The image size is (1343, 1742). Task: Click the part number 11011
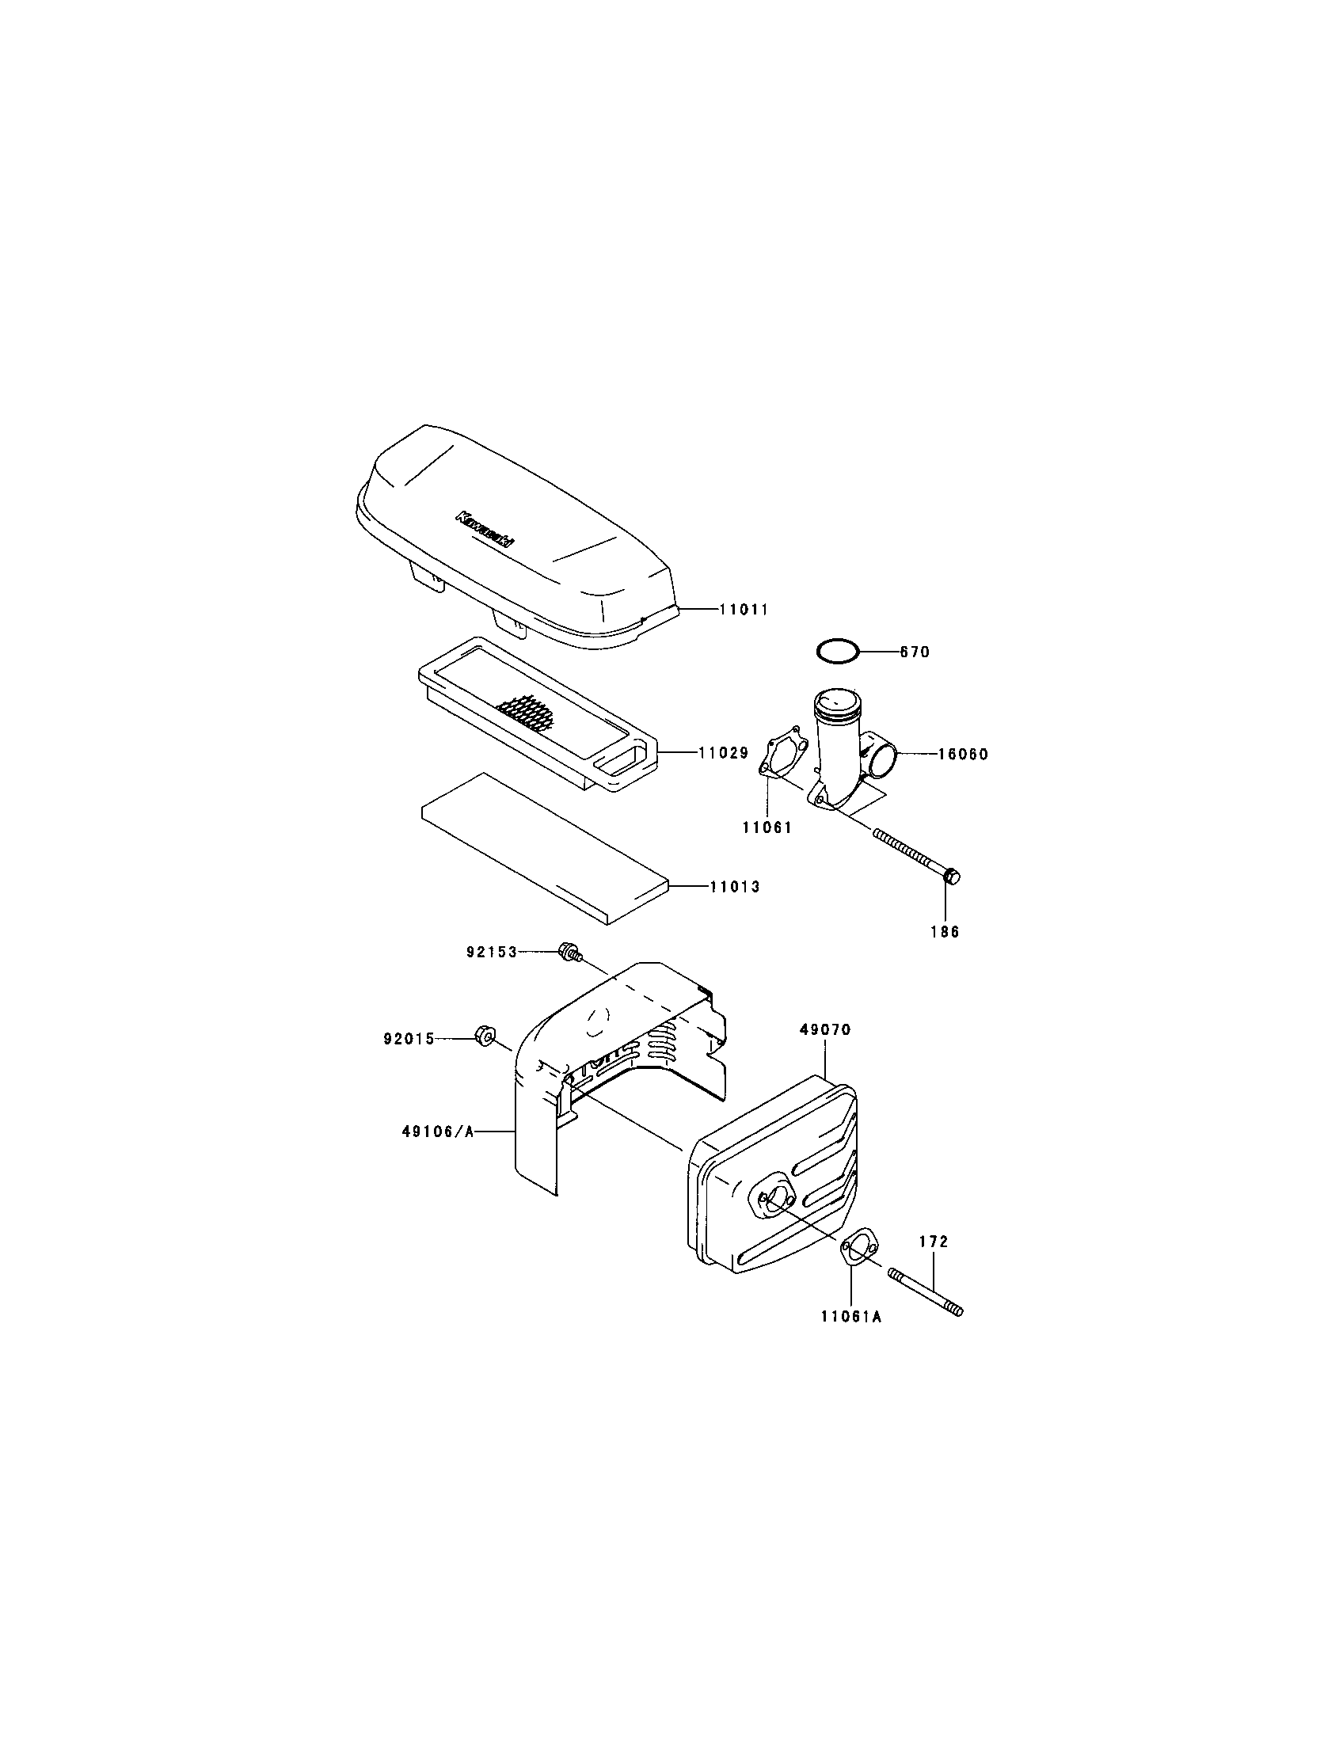coord(743,610)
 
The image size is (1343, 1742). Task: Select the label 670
coord(915,652)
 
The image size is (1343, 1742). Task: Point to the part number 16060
coord(962,754)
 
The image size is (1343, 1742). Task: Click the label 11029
coord(722,752)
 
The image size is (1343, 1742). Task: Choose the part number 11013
coord(735,886)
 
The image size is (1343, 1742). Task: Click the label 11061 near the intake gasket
coord(767,828)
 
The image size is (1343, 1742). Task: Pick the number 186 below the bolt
coord(945,932)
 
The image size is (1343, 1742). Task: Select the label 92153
coord(492,952)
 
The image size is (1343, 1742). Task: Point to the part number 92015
coord(409,1039)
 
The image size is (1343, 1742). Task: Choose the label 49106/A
coord(437,1130)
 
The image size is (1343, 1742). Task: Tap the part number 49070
coord(825,1029)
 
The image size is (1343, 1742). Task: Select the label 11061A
coord(851,1317)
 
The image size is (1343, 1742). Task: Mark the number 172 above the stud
coord(934,1242)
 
